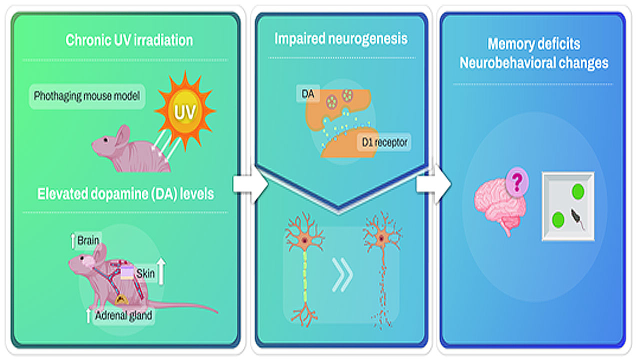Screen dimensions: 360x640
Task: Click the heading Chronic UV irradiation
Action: click(129, 40)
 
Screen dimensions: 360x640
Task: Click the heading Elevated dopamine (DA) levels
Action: click(125, 193)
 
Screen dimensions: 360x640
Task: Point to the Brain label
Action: click(88, 241)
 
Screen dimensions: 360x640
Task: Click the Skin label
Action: click(145, 273)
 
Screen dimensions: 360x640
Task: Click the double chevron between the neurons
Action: click(342, 275)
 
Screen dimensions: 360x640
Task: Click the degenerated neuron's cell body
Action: click(381, 239)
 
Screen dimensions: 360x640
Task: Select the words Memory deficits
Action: click(533, 44)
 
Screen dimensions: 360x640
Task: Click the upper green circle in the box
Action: click(578, 190)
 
